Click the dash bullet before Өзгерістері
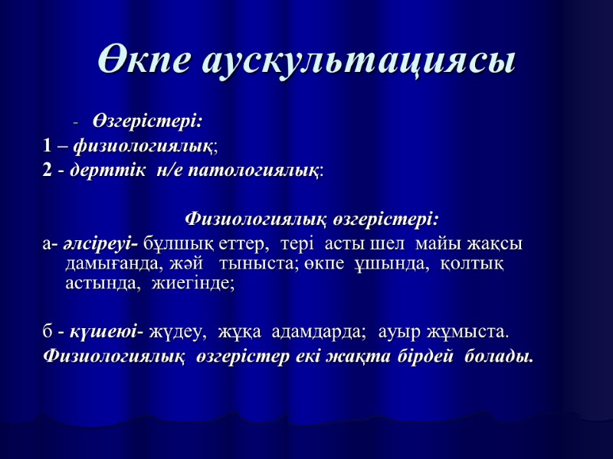pos(75,122)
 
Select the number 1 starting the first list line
pos(48,144)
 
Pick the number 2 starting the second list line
pos(48,169)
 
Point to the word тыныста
pos(251,264)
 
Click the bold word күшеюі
pos(104,333)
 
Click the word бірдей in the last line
pos(429,356)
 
